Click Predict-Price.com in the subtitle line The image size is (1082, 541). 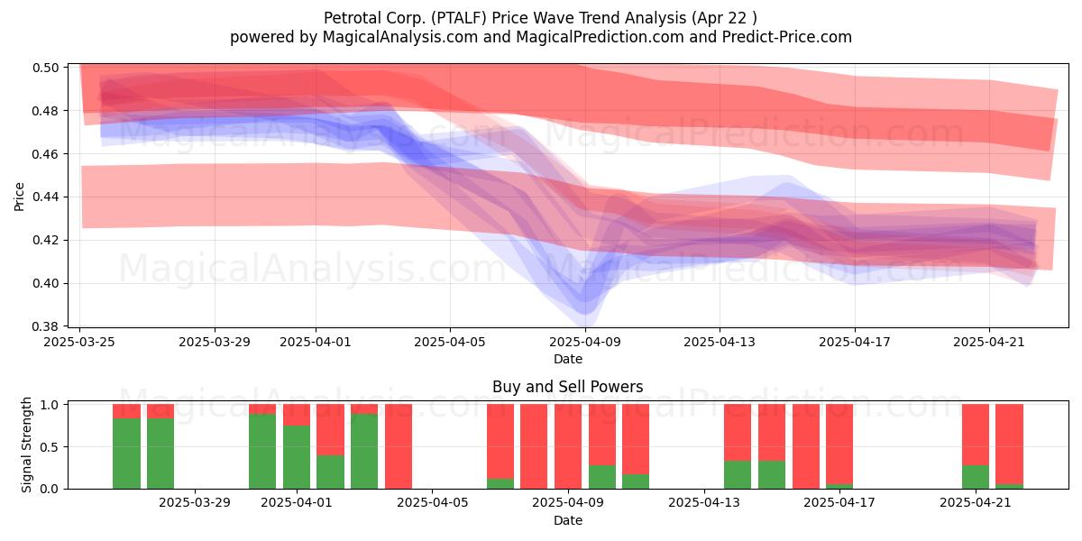click(x=787, y=37)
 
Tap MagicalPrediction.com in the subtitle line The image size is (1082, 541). click(x=600, y=37)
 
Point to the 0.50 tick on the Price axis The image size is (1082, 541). click(x=45, y=68)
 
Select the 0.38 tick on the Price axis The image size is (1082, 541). click(x=45, y=326)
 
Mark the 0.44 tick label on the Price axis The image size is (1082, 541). click(x=45, y=197)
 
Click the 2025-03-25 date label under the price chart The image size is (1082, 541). click(x=79, y=342)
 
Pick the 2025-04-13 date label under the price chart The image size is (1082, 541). click(x=720, y=342)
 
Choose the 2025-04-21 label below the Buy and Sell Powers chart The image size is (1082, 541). click(x=976, y=503)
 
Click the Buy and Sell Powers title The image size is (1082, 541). click(x=567, y=387)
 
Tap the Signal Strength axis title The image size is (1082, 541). click(x=26, y=445)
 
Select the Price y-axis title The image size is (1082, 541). click(x=19, y=197)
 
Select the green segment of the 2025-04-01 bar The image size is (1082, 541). click(x=297, y=457)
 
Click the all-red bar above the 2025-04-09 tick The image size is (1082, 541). click(x=568, y=447)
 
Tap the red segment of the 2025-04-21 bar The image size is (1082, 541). click(x=976, y=435)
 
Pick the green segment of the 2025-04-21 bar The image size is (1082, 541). click(x=976, y=477)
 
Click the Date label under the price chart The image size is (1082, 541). click(x=567, y=360)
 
